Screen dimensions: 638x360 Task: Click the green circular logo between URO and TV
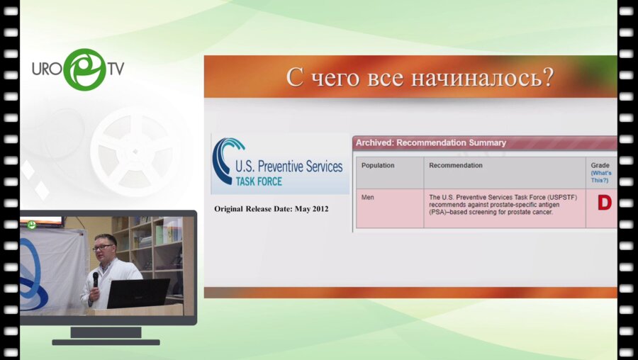pyautogui.click(x=85, y=69)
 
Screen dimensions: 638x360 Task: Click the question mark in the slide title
pyautogui.click(x=548, y=77)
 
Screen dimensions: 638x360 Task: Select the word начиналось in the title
pyautogui.click(x=476, y=77)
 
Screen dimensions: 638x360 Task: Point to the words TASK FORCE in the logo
pyautogui.click(x=259, y=181)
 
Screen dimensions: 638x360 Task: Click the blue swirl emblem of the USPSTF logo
pyautogui.click(x=226, y=160)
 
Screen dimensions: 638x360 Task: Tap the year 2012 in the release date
pyautogui.click(x=320, y=209)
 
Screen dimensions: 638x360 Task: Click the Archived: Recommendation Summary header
pyautogui.click(x=431, y=142)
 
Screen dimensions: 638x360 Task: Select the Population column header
pyautogui.click(x=378, y=166)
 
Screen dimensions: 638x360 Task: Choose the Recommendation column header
pyautogui.click(x=456, y=166)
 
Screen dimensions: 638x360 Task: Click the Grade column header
pyautogui.click(x=600, y=166)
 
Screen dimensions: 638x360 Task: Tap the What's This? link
pyautogui.click(x=601, y=176)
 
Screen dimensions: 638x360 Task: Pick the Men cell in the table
pyautogui.click(x=367, y=197)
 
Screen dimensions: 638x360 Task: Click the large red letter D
pyautogui.click(x=605, y=203)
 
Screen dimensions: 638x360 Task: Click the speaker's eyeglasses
pyautogui.click(x=103, y=247)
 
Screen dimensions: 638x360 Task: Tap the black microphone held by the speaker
pyautogui.click(x=96, y=280)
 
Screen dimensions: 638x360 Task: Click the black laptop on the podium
pyautogui.click(x=138, y=293)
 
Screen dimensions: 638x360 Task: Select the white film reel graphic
pyautogui.click(x=135, y=152)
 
